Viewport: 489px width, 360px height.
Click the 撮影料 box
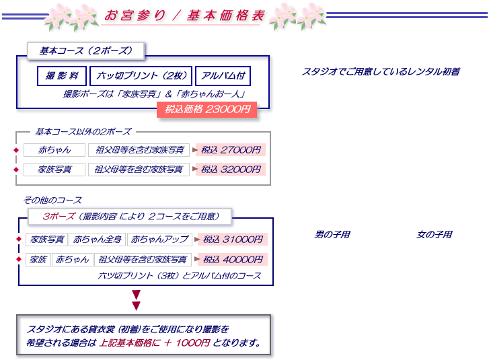coord(62,76)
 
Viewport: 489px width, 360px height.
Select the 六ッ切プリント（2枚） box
coord(141,76)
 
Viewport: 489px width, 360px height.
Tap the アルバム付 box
coord(223,76)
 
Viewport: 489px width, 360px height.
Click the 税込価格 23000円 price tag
coord(206,110)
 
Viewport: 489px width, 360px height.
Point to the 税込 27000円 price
coord(231,150)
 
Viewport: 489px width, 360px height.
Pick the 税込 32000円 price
coord(231,170)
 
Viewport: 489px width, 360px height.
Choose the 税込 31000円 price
coord(233,240)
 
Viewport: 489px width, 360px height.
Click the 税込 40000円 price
coord(233,259)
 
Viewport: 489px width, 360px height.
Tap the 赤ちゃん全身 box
coord(98,240)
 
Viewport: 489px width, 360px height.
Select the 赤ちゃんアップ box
coord(159,240)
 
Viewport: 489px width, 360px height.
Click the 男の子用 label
coord(332,234)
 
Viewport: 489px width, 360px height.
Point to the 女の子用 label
coord(435,234)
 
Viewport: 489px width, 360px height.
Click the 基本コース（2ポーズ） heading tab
coord(86,51)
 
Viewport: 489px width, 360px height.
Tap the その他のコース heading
coord(52,201)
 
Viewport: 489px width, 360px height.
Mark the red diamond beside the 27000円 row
coord(16,150)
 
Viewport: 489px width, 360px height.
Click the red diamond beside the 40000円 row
coord(19,259)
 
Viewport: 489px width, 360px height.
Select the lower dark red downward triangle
coord(137,305)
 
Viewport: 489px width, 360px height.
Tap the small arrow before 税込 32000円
coord(195,169)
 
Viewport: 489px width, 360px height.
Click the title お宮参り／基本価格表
coord(184,15)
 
